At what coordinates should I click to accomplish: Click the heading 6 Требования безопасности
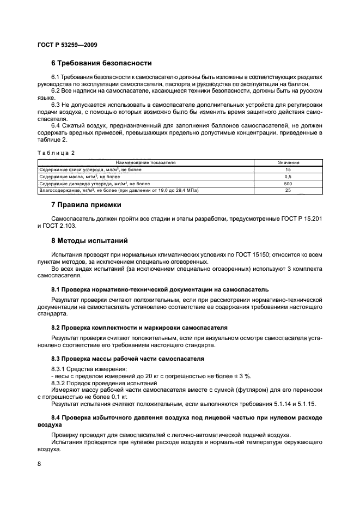coord(101,63)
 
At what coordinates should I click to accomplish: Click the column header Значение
coord(288,162)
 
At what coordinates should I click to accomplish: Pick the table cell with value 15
coord(288,169)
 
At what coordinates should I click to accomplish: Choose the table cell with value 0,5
coord(288,177)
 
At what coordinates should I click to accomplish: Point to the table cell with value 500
coord(288,184)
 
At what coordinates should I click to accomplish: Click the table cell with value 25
coord(288,191)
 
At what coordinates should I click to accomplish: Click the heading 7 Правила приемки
coord(86,205)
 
